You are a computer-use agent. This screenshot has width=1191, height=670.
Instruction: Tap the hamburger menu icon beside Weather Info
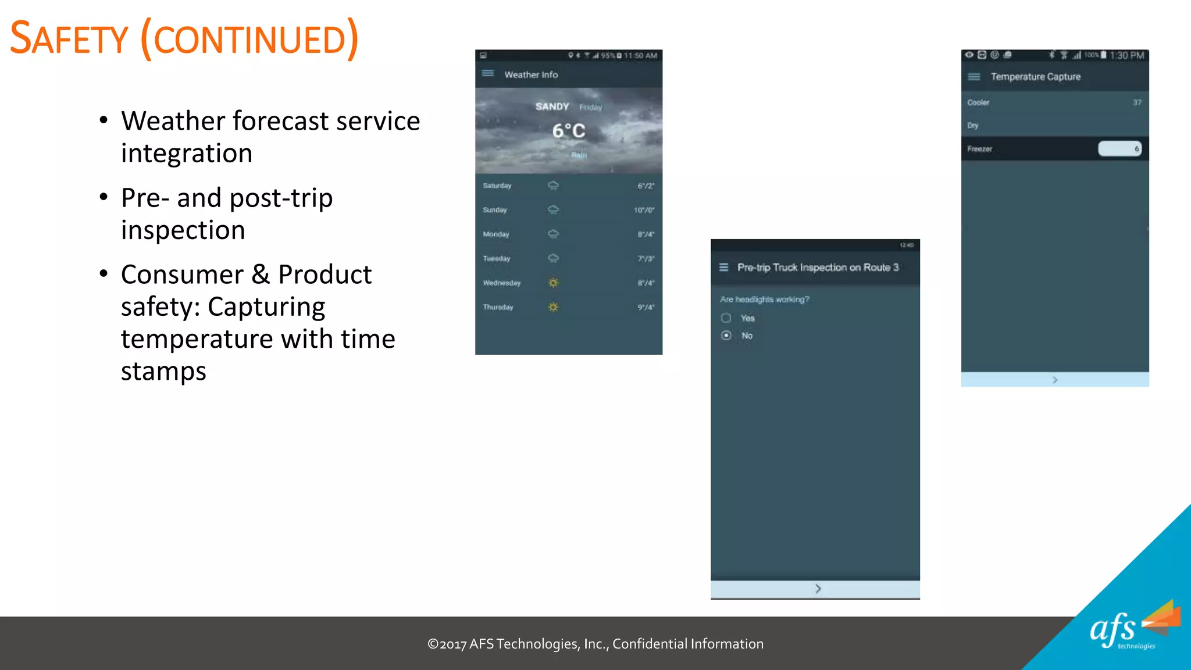pos(488,73)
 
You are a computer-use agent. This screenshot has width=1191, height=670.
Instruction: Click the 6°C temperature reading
pos(569,131)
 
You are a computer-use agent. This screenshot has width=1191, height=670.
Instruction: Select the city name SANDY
pos(552,106)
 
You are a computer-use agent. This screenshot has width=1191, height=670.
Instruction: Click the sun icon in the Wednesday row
pos(553,283)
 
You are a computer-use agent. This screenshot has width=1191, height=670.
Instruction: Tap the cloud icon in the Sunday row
pos(553,209)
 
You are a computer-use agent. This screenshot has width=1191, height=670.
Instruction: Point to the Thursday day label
pos(498,307)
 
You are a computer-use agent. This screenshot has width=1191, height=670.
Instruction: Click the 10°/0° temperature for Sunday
pos(644,210)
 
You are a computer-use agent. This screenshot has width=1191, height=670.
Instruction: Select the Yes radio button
pos(726,318)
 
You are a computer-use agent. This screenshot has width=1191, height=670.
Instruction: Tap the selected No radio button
pos(726,336)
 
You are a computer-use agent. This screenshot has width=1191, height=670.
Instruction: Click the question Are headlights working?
pos(764,300)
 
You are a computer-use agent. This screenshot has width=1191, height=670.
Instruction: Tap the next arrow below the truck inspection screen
pos(818,589)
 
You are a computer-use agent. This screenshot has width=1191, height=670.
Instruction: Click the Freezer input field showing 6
pos(1119,149)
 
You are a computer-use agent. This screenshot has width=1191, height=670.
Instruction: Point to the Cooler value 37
pos(1136,102)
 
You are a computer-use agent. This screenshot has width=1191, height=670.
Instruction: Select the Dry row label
pos(973,126)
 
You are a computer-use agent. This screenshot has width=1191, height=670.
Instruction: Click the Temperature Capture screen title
pos(1035,77)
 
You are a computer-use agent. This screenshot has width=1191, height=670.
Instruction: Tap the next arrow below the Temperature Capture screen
pos(1055,380)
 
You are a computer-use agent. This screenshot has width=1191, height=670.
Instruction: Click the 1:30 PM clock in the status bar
pos(1126,55)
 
